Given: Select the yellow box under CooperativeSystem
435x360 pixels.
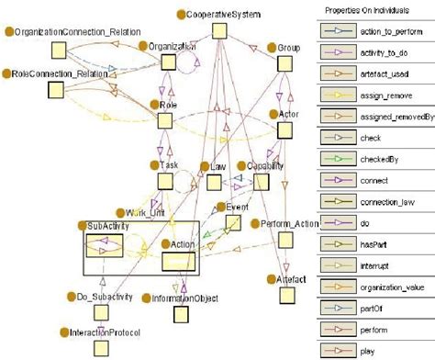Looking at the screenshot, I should coord(218,31).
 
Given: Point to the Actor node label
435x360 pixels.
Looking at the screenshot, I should coord(285,114).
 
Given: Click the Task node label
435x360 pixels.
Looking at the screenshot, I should coord(168,164).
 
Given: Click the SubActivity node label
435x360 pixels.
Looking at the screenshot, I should coord(107,226).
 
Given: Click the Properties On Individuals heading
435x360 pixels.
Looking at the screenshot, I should coord(373,10).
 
